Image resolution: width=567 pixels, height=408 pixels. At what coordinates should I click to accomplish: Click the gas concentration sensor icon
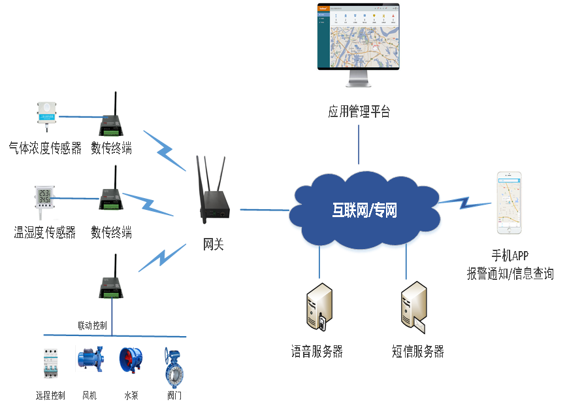click(46, 116)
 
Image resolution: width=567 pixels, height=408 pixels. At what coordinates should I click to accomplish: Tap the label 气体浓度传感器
click(45, 148)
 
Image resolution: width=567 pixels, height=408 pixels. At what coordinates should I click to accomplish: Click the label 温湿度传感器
click(45, 232)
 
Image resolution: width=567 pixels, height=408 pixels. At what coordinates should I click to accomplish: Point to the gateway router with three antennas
click(211, 187)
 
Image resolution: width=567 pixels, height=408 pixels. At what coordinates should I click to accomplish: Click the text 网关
click(213, 245)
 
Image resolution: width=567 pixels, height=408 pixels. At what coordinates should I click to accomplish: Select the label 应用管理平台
click(359, 112)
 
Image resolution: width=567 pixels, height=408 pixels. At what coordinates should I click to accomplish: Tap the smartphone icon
click(510, 203)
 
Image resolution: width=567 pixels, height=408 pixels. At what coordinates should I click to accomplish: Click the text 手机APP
click(510, 256)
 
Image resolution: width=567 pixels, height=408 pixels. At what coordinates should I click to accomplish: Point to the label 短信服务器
click(418, 352)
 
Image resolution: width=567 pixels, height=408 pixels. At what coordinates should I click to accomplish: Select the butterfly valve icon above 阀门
click(174, 368)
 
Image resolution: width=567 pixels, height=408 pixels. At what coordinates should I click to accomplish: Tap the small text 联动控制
click(92, 325)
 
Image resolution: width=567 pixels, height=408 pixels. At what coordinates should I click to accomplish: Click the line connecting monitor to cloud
click(359, 144)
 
